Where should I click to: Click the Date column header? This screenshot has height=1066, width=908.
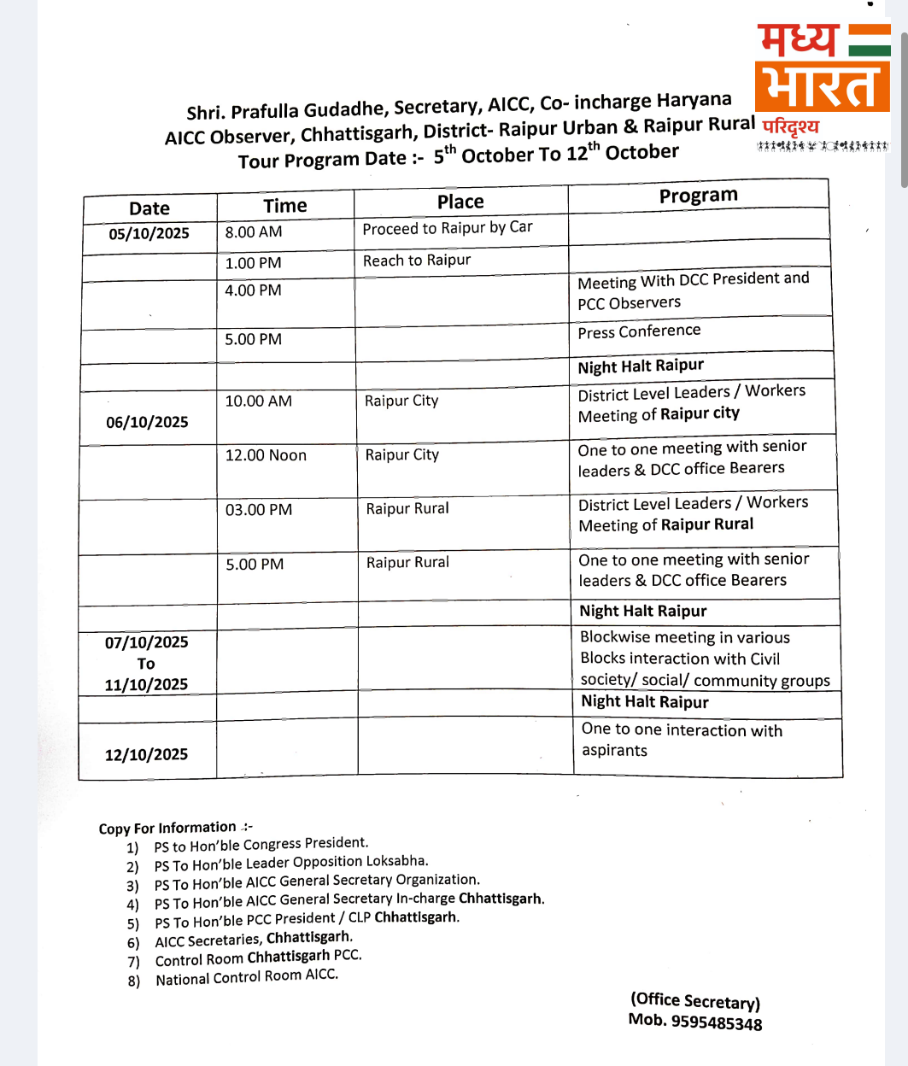click(x=149, y=208)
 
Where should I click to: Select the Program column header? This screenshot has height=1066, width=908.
click(x=698, y=196)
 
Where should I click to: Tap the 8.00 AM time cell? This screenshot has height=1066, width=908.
click(x=254, y=232)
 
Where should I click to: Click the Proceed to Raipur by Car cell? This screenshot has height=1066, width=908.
click(x=448, y=228)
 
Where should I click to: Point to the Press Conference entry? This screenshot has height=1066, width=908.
click(x=639, y=331)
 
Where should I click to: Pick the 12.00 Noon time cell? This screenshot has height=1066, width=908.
click(x=266, y=456)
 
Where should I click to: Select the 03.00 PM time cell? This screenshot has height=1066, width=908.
click(x=259, y=510)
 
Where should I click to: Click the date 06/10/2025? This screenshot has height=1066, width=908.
click(x=147, y=422)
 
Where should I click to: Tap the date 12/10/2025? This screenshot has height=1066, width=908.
click(x=146, y=754)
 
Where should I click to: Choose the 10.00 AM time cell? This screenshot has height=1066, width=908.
click(x=258, y=401)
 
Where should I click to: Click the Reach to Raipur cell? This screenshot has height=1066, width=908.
click(x=417, y=261)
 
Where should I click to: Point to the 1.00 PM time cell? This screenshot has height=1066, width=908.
click(x=253, y=263)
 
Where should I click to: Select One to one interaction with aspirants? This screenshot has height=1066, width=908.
click(x=682, y=740)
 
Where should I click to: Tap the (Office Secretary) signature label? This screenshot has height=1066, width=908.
click(x=695, y=1001)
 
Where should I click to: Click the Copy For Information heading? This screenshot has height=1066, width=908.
click(x=167, y=828)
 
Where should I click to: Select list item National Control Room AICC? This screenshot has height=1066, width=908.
click(x=247, y=977)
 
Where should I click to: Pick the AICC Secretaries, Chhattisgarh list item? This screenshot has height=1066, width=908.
click(x=254, y=939)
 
